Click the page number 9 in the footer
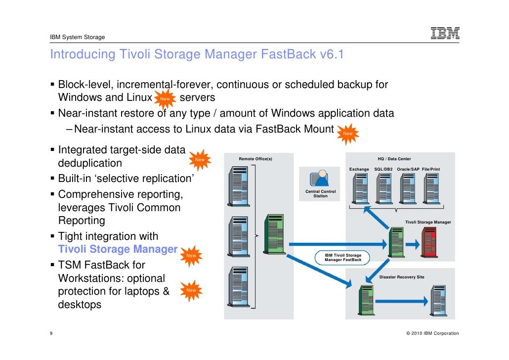click(x=52, y=333)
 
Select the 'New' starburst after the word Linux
click(x=165, y=98)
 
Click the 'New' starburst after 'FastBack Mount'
click(x=348, y=133)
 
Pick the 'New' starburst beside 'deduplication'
click(x=200, y=160)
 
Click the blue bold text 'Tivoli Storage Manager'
click(x=118, y=249)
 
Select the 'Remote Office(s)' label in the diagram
click(x=255, y=159)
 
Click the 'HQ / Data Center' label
click(x=394, y=159)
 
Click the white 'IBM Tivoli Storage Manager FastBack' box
click(x=343, y=258)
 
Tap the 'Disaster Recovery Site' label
click(x=402, y=277)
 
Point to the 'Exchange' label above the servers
click(x=359, y=170)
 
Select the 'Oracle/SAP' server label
click(x=408, y=170)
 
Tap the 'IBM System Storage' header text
click(x=77, y=38)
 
